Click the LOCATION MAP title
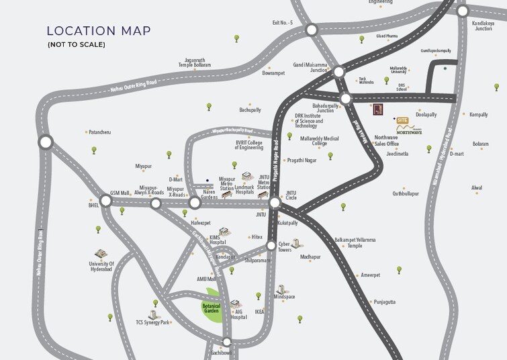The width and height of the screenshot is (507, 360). [x=99, y=31]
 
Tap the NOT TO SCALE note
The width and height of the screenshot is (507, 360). [x=76, y=45]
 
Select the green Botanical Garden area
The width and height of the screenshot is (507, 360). [x=212, y=308]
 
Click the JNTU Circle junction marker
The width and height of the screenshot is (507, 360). [x=275, y=202]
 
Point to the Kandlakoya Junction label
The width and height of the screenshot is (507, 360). [x=483, y=26]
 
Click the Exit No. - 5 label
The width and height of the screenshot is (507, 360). [x=283, y=22]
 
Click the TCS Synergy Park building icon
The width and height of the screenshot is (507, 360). [x=154, y=314]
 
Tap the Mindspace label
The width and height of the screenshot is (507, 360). [x=284, y=297]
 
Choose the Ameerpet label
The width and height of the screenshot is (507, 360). [x=370, y=275]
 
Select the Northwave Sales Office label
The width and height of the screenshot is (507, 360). [x=387, y=140]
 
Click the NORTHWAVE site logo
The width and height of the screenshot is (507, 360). [x=410, y=132]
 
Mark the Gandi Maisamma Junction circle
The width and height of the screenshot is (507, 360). [x=338, y=71]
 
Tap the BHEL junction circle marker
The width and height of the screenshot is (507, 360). [x=105, y=201]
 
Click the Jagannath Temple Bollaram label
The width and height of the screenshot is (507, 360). [x=194, y=62]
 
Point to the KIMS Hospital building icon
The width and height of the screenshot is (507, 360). [x=223, y=232]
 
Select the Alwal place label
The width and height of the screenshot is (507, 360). [x=477, y=187]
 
